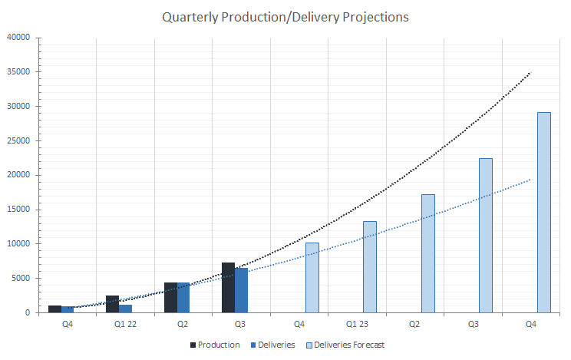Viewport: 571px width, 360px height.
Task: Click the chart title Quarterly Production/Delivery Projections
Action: pos(285,17)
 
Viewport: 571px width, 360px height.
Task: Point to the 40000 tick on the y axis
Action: pos(18,37)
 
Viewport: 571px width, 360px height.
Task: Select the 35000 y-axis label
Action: pos(18,71)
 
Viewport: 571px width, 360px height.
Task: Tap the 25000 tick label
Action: pos(18,140)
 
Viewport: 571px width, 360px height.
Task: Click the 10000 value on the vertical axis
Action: pos(18,244)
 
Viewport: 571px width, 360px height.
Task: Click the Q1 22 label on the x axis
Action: pos(126,325)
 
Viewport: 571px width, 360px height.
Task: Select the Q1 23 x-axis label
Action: pos(358,325)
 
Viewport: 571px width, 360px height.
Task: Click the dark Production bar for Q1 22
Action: pos(113,304)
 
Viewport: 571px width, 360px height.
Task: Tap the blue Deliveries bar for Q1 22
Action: pos(126,309)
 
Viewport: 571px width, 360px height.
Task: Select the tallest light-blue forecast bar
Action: pos(543,213)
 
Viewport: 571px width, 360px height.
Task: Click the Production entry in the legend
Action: pos(214,345)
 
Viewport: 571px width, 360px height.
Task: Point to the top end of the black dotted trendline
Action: pos(530,73)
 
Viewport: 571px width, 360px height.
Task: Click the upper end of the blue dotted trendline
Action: pos(530,179)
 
